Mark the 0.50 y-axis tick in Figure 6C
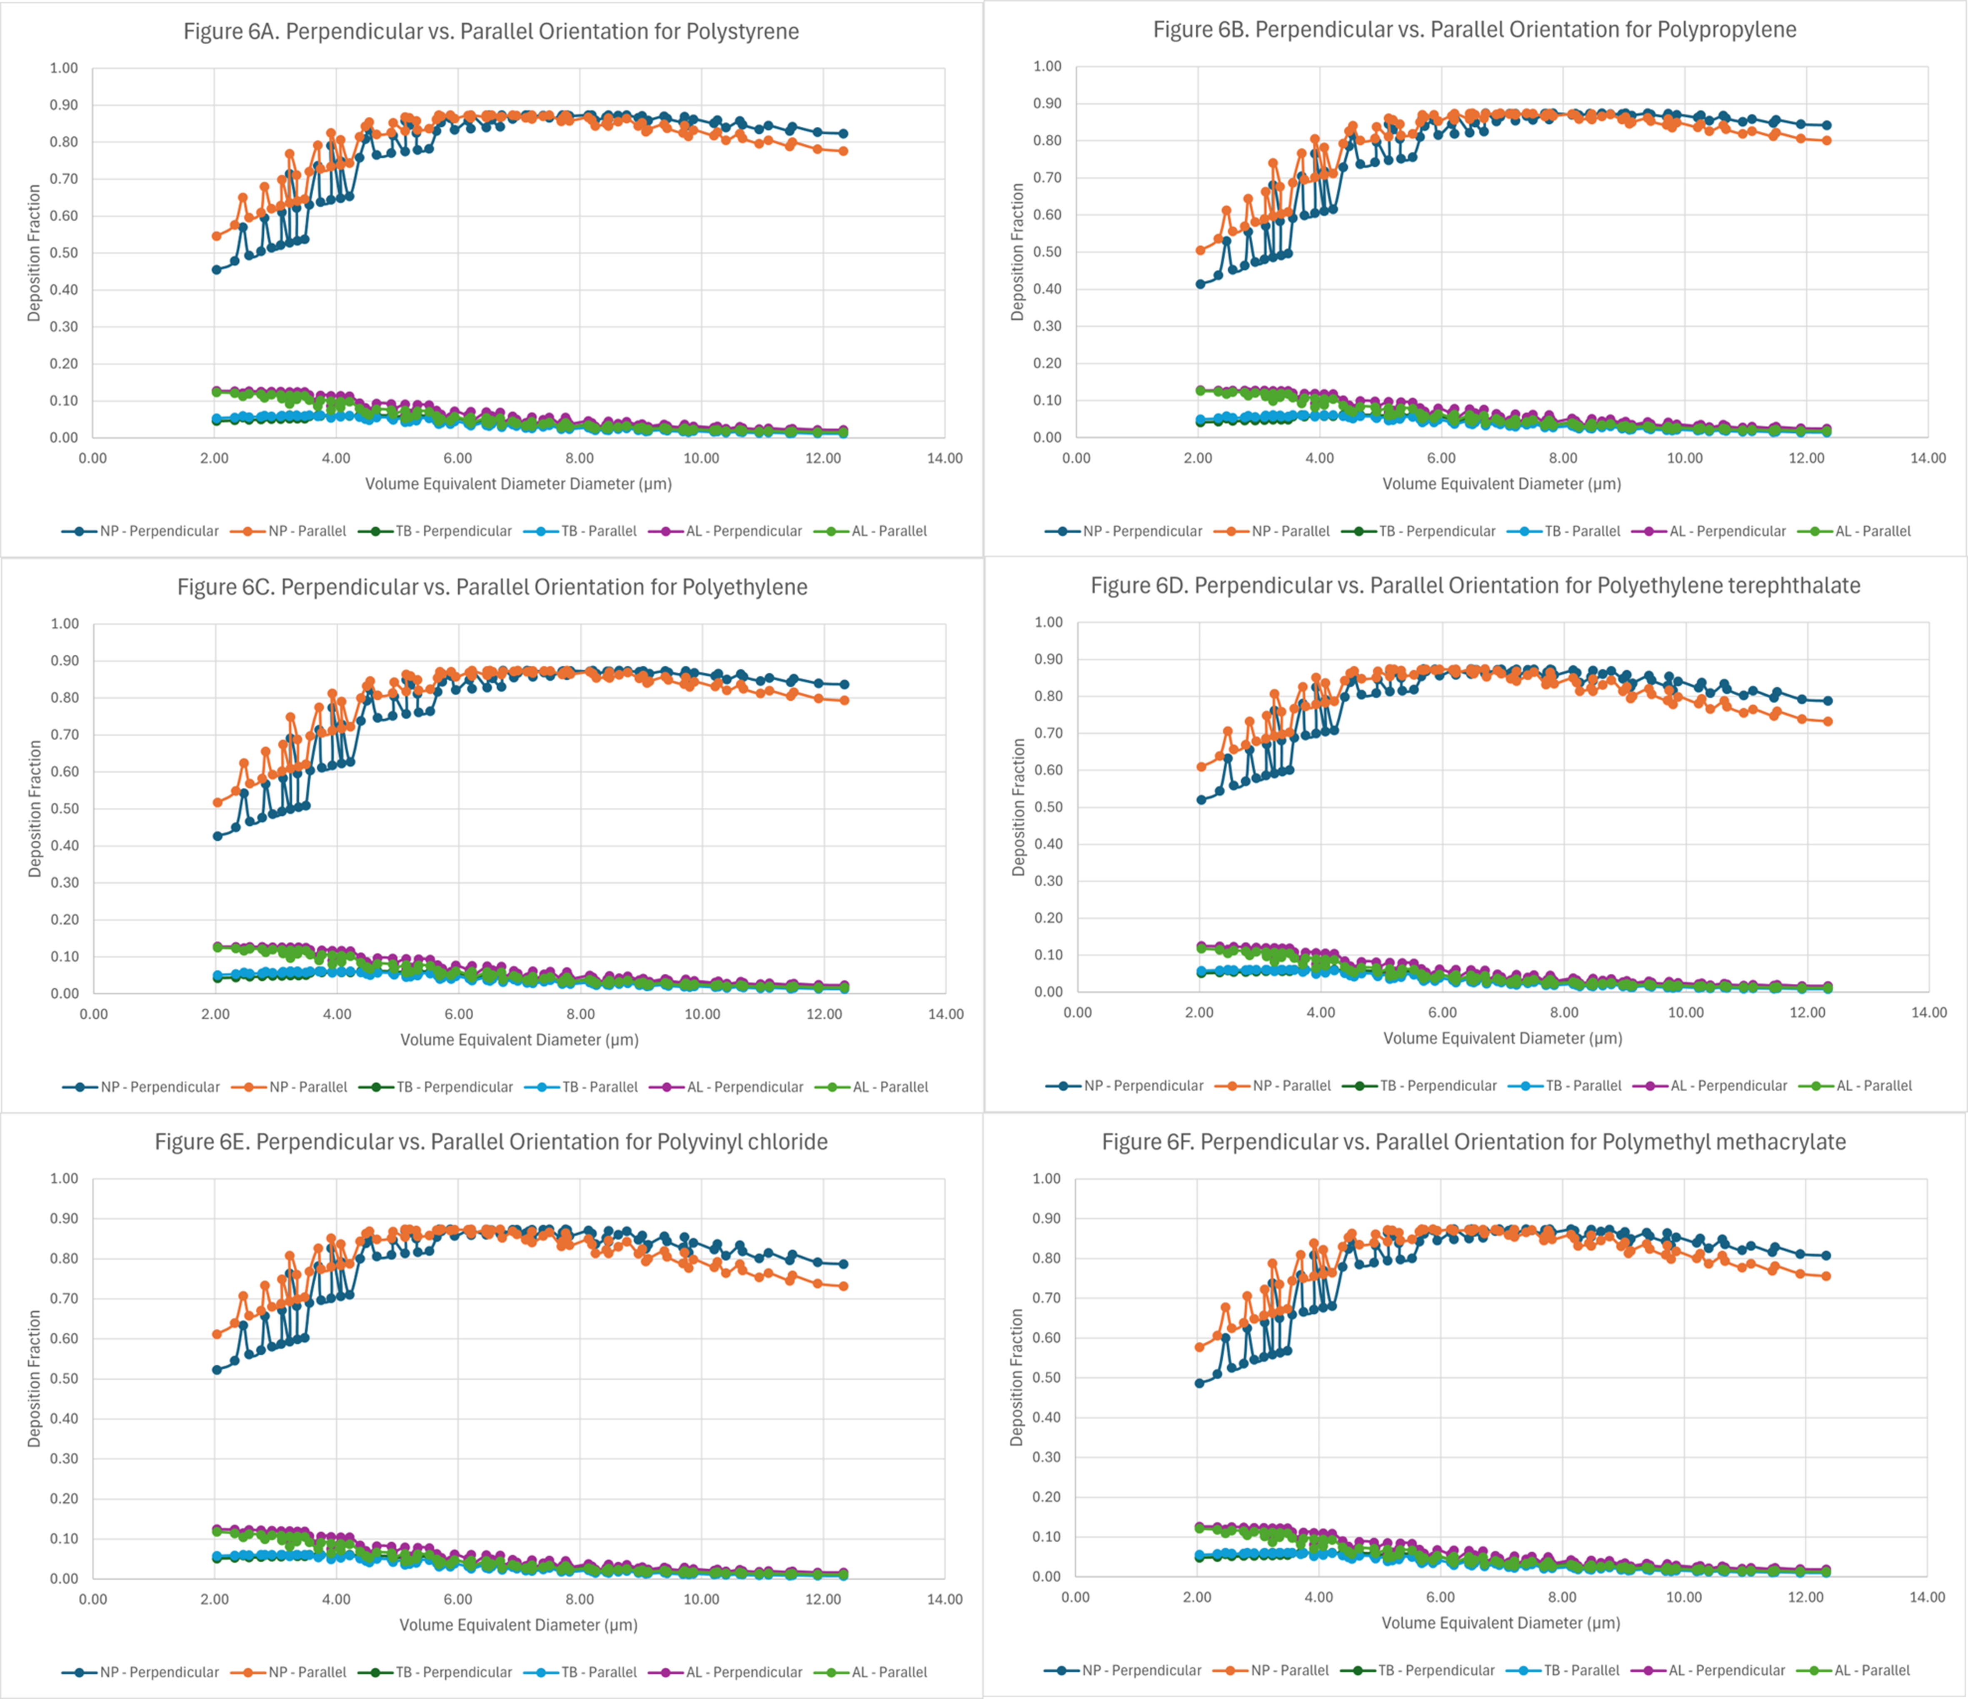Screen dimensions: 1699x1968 click(x=65, y=809)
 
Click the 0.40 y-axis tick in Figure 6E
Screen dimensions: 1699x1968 click(x=64, y=1419)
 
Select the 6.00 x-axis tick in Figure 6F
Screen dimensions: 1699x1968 click(x=1441, y=1597)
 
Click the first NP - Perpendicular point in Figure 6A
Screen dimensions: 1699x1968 click(x=217, y=270)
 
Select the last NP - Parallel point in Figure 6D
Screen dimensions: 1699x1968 click(x=1828, y=721)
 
